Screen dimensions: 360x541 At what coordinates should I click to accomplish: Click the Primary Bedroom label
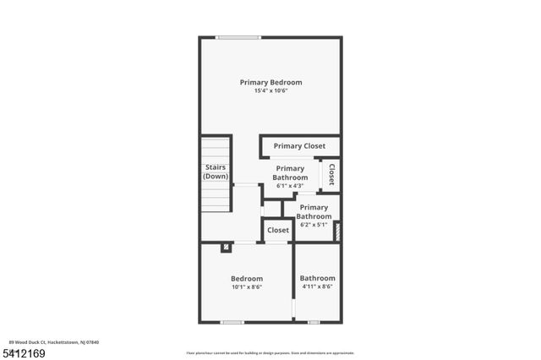(x=270, y=82)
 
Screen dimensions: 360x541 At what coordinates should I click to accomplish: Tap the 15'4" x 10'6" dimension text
(x=270, y=91)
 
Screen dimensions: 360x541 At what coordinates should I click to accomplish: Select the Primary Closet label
(x=299, y=146)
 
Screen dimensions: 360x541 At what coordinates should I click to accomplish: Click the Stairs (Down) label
(x=216, y=172)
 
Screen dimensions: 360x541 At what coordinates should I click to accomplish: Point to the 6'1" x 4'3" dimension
(x=289, y=186)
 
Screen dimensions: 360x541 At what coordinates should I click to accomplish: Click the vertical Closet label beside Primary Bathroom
(x=331, y=174)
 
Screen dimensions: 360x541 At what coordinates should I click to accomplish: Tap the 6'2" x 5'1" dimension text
(x=314, y=226)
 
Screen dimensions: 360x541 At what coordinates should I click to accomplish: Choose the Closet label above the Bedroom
(x=278, y=230)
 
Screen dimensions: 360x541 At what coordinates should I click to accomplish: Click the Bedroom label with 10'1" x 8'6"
(x=247, y=278)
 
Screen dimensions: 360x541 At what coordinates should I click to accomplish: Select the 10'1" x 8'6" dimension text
(x=247, y=287)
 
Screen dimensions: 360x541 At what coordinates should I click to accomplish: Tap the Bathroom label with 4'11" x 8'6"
(x=317, y=278)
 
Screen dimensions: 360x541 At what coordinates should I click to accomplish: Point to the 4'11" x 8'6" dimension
(x=317, y=287)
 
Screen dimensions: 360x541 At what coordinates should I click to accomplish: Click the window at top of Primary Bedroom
(x=238, y=37)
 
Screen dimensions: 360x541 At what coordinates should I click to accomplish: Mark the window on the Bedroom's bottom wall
(x=232, y=322)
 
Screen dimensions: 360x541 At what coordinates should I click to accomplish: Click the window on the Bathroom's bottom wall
(x=314, y=322)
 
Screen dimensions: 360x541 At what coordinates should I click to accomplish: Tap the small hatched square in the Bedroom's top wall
(x=227, y=248)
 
